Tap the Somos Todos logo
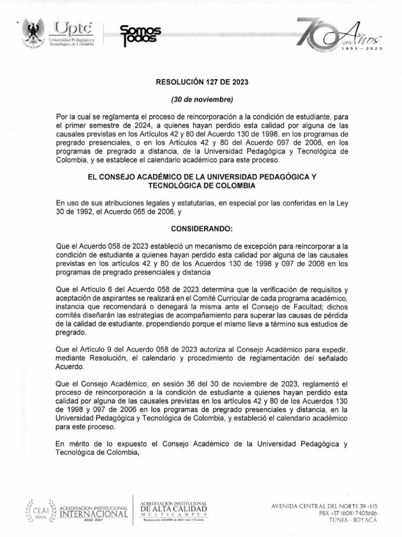(140, 36)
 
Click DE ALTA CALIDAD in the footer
(174, 509)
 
